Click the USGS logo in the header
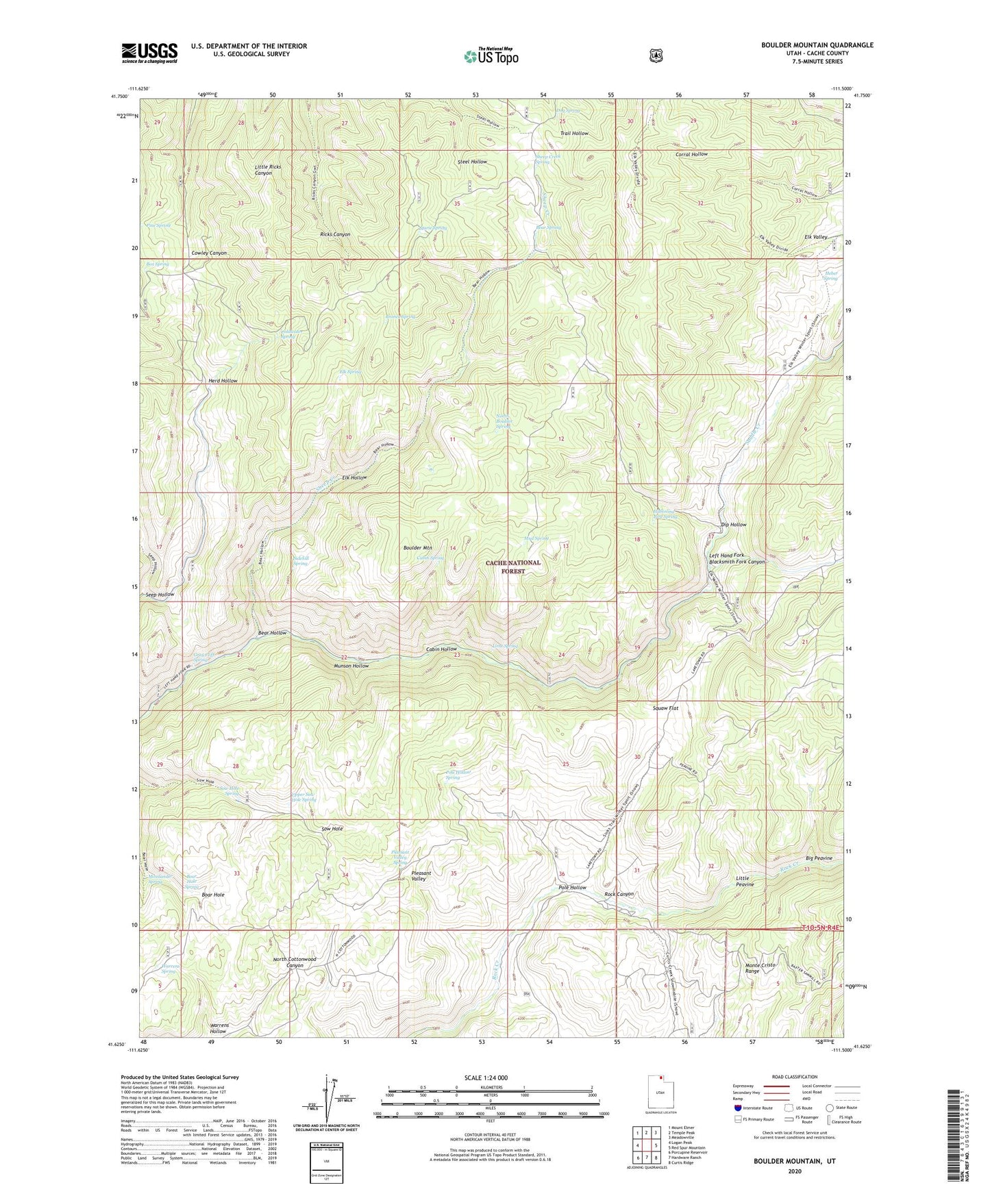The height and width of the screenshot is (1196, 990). pyautogui.click(x=149, y=52)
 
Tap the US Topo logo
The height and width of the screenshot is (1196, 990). pyautogui.click(x=491, y=56)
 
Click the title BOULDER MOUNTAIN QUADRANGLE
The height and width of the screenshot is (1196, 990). pyautogui.click(x=817, y=45)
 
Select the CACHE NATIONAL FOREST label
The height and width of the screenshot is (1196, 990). pyautogui.click(x=513, y=566)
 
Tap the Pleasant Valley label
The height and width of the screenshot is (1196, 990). pyautogui.click(x=421, y=877)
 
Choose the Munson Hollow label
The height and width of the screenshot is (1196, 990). pyautogui.click(x=351, y=665)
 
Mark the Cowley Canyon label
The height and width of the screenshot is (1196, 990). pyautogui.click(x=209, y=253)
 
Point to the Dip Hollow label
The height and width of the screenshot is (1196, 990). pyautogui.click(x=733, y=525)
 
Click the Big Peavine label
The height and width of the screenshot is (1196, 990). pyautogui.click(x=819, y=858)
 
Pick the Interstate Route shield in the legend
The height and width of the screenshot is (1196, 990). pyautogui.click(x=737, y=1108)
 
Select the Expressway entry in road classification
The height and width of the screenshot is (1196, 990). pyautogui.click(x=748, y=1086)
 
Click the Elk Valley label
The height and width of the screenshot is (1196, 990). pyautogui.click(x=815, y=237)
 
